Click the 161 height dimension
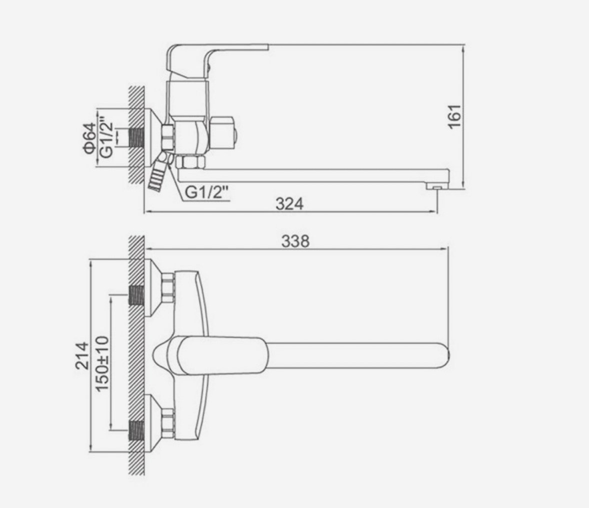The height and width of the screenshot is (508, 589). click(455, 116)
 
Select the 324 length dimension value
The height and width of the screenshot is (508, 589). click(289, 204)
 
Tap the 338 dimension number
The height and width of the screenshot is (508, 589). click(296, 241)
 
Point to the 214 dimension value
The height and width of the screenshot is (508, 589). click(82, 356)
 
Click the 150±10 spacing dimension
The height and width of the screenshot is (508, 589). click(102, 364)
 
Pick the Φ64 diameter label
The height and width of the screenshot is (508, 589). click(89, 138)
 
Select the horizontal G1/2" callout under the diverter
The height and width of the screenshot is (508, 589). click(207, 193)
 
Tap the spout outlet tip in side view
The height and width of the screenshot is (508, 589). click(437, 186)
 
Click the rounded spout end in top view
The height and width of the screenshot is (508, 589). click(445, 355)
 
